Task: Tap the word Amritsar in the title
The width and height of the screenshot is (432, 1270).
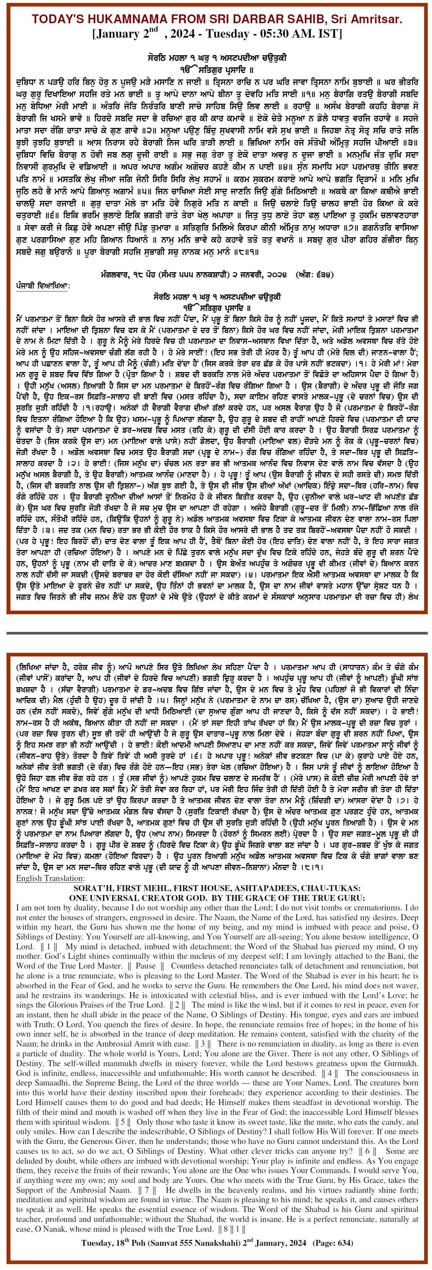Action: tap(377, 19)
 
